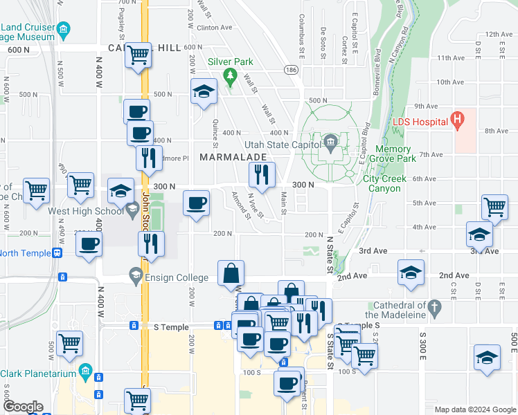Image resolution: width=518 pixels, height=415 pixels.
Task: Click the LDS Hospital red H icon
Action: tap(456, 120)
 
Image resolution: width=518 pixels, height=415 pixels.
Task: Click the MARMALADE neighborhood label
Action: tap(233, 158)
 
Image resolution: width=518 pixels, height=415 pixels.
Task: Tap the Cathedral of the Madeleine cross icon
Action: tap(434, 306)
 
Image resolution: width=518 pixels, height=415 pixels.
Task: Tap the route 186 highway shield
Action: tap(291, 71)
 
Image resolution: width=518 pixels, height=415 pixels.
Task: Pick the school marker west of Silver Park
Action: tap(204, 91)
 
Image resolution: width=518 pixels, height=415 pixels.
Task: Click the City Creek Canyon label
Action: tap(382, 183)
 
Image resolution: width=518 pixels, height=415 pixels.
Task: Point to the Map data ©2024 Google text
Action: tap(474, 409)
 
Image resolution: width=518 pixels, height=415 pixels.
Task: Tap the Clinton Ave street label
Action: tap(215, 28)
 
